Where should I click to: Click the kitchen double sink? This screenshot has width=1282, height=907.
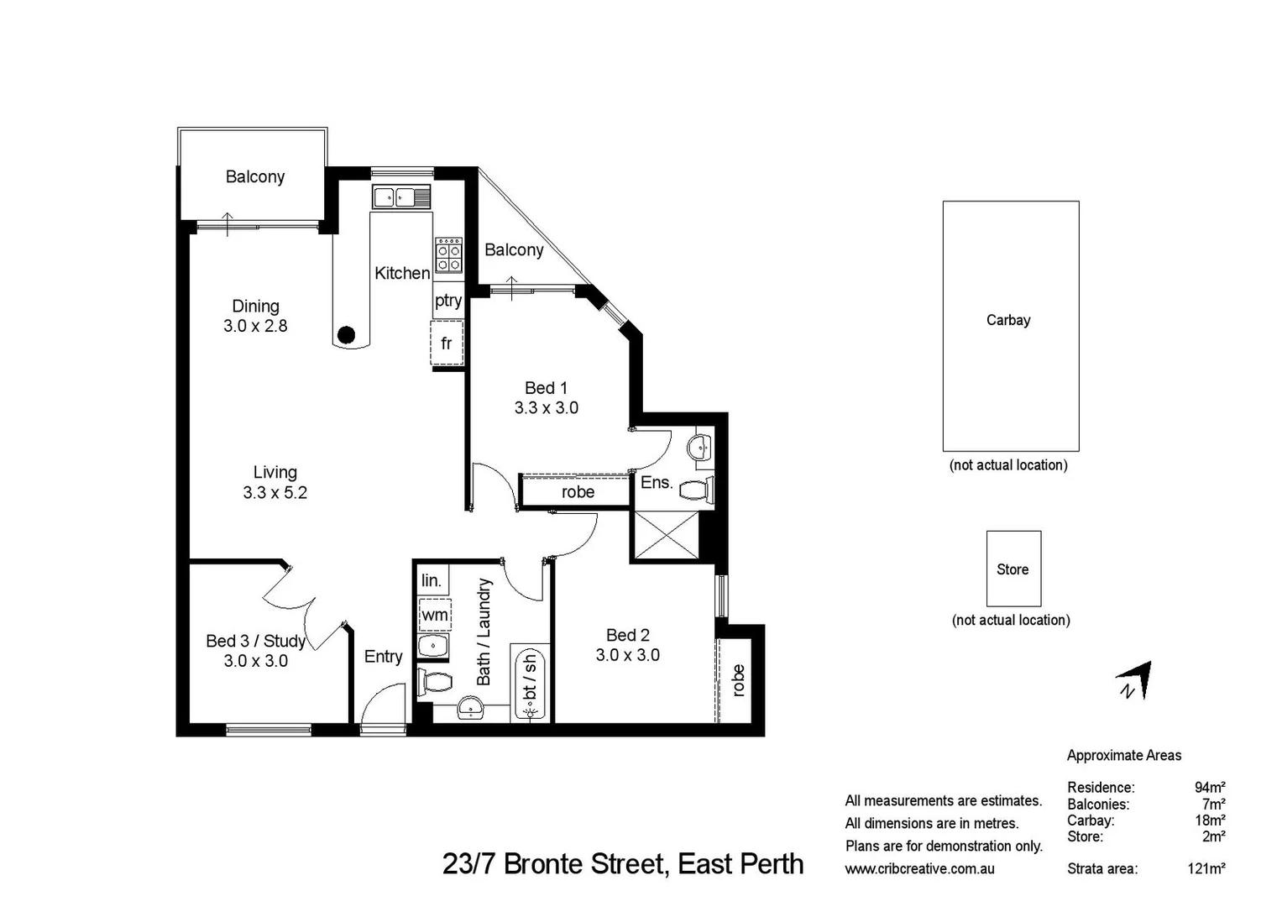point(401,197)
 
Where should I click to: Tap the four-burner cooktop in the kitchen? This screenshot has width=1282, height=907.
point(448,255)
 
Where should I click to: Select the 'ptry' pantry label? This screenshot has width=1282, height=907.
point(448,301)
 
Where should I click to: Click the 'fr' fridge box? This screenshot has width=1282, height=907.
point(447,343)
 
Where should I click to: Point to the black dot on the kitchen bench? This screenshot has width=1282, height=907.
point(346,335)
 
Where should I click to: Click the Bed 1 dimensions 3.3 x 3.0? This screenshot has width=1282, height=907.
point(546,408)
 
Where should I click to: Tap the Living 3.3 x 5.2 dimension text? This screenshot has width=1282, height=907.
point(275,493)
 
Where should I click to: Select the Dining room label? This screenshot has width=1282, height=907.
point(255,307)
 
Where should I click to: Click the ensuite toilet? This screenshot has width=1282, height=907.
point(696,490)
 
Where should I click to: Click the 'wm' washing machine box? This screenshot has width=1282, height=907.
point(434,616)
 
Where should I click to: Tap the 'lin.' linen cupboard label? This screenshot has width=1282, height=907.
point(432,581)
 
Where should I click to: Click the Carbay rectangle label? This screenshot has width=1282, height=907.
point(1008,320)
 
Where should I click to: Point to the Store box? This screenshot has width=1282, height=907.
point(1013,569)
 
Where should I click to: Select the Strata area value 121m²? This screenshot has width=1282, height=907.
point(1206,868)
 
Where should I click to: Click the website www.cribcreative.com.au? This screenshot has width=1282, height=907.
point(919,869)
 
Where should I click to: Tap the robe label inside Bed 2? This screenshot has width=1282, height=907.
point(738,680)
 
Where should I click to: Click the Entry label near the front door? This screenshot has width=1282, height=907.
point(383,657)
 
